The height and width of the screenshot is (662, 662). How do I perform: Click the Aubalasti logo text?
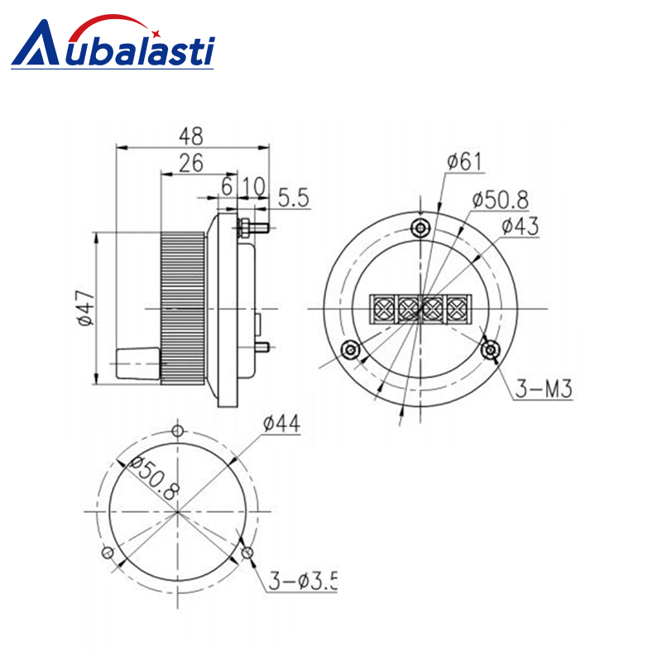(116, 45)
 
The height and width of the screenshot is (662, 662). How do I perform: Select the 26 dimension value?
(191, 163)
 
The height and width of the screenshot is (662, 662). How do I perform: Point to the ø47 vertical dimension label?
(83, 308)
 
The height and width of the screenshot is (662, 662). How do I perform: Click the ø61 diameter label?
(463, 161)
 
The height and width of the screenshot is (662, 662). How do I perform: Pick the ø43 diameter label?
(520, 226)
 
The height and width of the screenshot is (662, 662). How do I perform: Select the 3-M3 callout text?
(544, 389)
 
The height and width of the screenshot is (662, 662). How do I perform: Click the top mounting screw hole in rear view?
(423, 228)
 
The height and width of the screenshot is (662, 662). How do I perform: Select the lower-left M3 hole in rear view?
(353, 351)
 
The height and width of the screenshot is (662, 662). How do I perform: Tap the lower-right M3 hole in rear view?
(492, 351)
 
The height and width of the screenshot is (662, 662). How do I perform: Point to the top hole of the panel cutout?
(177, 430)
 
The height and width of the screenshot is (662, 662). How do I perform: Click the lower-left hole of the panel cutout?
(105, 553)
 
